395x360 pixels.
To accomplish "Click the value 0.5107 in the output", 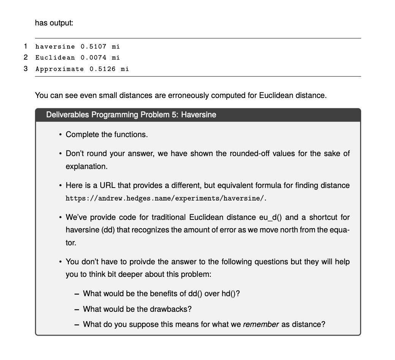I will [x=93, y=47].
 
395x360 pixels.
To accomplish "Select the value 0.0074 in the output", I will [x=93, y=58].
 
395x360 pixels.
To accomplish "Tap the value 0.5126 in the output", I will [x=102, y=69].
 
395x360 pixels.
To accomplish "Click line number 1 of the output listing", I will [x=25, y=46].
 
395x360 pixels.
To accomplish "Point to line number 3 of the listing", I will [x=25, y=69].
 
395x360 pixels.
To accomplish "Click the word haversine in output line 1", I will [x=55, y=47].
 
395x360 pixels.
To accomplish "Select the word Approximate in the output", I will [x=60, y=69].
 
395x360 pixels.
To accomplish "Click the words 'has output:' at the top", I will [x=54, y=23].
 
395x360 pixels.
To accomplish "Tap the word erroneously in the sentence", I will [x=182, y=95].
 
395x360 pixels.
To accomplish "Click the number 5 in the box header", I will [x=175, y=115].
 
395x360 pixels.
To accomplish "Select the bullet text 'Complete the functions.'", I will [x=107, y=134].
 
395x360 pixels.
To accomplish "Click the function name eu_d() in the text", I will [x=270, y=217].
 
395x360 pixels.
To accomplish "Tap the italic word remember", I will [x=261, y=324].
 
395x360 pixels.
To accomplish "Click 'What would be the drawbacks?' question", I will [x=137, y=309].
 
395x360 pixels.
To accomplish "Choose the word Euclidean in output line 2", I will [x=55, y=58].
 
